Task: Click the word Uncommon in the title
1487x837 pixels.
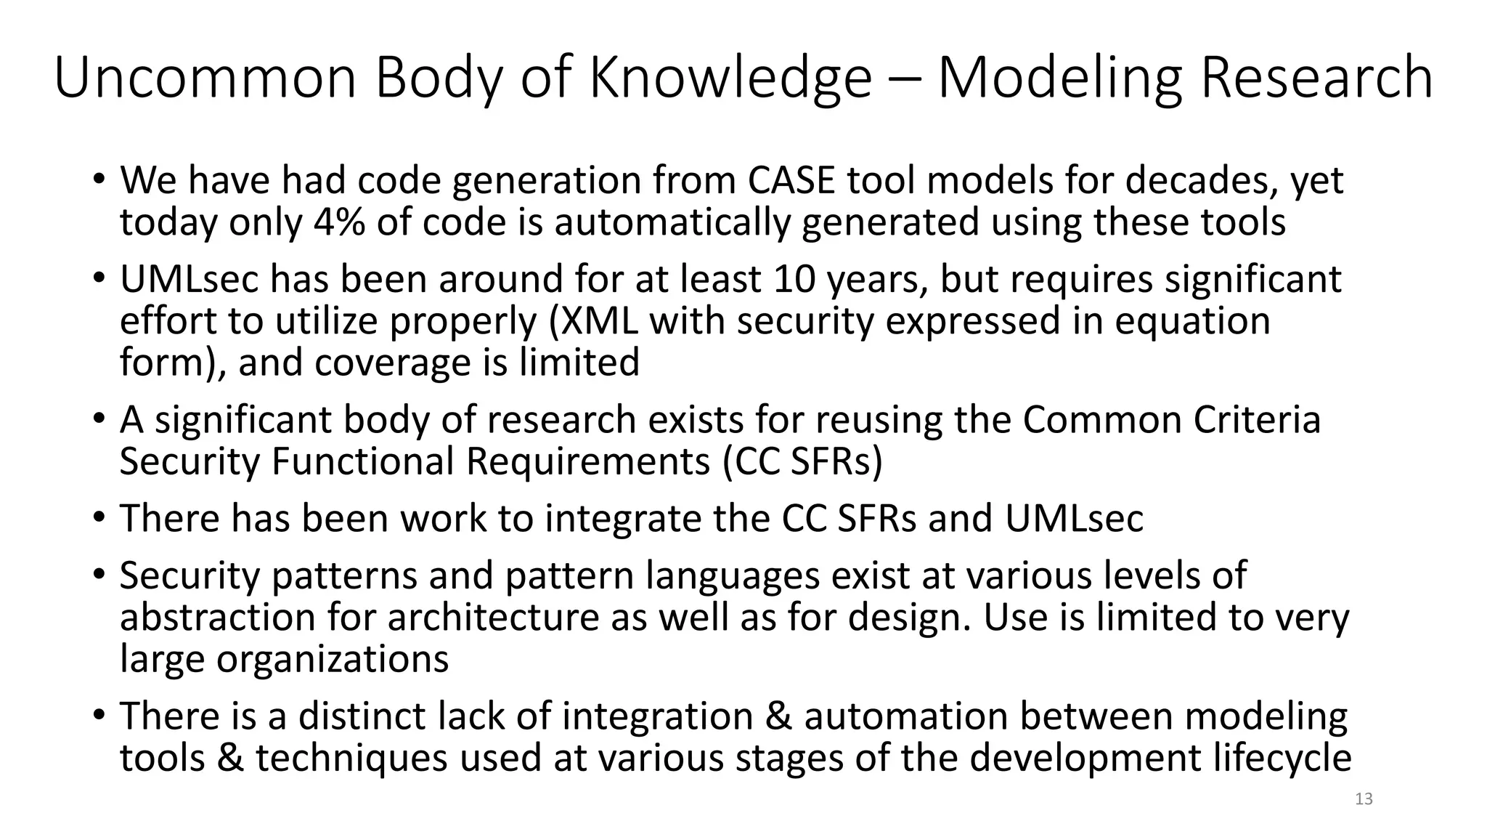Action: (x=205, y=78)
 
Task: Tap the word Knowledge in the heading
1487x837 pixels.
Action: (x=730, y=78)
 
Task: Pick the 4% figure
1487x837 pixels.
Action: (x=340, y=222)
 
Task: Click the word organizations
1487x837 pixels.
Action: (x=332, y=658)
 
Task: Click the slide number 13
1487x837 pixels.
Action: (x=1364, y=799)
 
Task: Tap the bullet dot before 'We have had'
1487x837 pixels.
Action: (x=98, y=179)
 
